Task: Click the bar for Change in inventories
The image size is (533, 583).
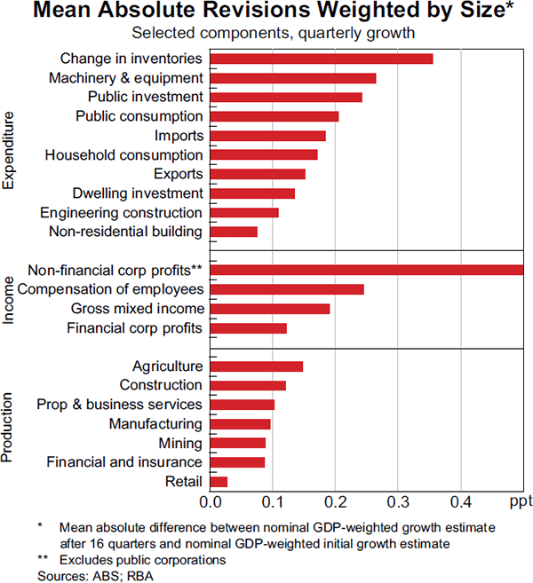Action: click(322, 59)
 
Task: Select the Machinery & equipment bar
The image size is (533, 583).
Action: click(293, 78)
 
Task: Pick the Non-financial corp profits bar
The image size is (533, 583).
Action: click(366, 270)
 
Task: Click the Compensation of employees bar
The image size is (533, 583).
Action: click(287, 289)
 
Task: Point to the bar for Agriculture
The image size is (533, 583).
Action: click(257, 366)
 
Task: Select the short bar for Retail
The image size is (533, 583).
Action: click(219, 482)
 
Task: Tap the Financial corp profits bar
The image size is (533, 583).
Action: click(249, 328)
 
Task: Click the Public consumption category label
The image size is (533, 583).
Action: click(139, 116)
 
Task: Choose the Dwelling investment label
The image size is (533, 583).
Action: click(139, 193)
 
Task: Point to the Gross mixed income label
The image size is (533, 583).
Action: click(138, 309)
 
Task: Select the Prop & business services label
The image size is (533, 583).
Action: click(120, 405)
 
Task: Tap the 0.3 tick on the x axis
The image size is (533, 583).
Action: click(398, 503)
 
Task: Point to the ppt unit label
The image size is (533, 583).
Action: click(521, 503)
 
